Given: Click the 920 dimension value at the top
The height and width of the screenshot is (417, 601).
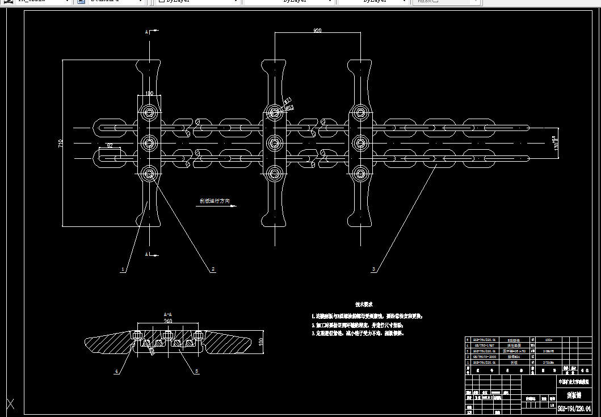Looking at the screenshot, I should click(317, 31).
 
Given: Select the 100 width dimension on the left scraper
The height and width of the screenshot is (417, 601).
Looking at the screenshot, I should click(149, 93).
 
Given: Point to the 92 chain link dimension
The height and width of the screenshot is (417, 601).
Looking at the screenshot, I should click(110, 146).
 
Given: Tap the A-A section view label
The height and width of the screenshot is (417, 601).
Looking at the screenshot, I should click(167, 314).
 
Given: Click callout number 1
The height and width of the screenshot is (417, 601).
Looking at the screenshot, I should click(122, 270).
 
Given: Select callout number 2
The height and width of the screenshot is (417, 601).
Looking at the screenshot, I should click(213, 269).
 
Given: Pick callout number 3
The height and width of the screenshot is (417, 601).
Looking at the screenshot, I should click(373, 269).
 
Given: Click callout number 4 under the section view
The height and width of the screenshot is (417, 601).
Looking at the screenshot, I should click(116, 372).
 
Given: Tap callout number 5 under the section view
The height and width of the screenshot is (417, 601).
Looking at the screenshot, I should click(196, 372).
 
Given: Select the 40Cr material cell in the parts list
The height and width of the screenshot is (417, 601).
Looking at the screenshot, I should click(548, 340).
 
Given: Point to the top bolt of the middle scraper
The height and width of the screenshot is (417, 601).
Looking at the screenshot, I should click(275, 112).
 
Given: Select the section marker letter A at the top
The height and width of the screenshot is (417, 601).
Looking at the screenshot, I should click(146, 32).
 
